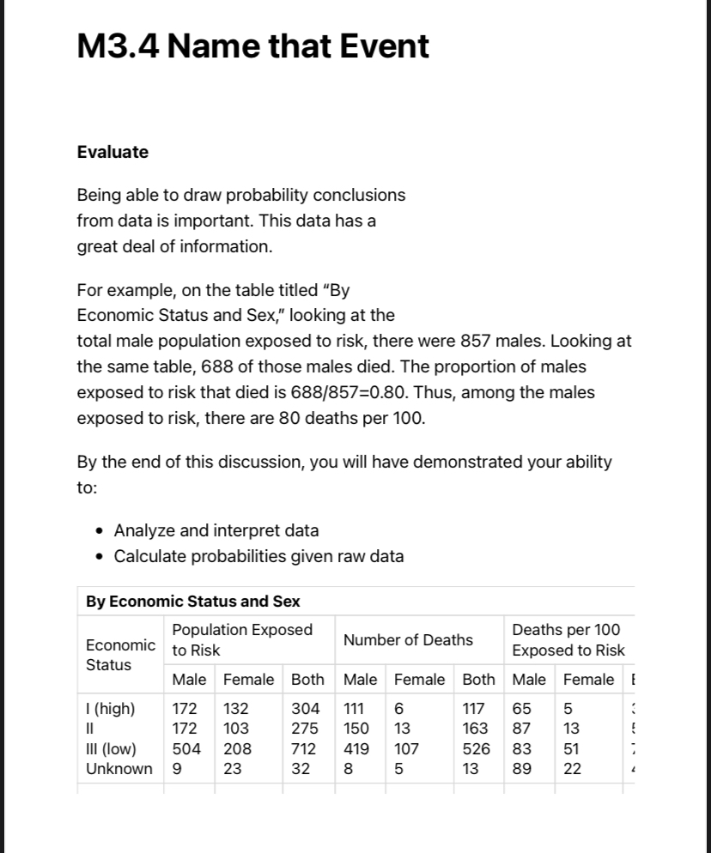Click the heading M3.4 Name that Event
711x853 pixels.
click(x=252, y=45)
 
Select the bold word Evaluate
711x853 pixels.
click(x=112, y=152)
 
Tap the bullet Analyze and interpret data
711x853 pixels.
click(x=216, y=530)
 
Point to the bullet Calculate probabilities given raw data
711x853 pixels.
click(x=258, y=556)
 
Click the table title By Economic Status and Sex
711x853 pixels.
click(x=192, y=602)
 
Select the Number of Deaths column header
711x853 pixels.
click(x=408, y=639)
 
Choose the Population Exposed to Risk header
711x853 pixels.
click(x=242, y=639)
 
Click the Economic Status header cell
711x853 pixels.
click(x=120, y=654)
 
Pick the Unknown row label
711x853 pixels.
click(x=119, y=768)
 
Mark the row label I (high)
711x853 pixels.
click(x=111, y=708)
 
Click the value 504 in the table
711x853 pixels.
click(x=186, y=747)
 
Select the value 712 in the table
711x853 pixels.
click(x=306, y=747)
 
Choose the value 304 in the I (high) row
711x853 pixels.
click(x=306, y=708)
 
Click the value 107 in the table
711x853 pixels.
click(x=407, y=747)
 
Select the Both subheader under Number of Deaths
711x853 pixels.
click(x=478, y=680)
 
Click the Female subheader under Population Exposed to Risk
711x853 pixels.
click(x=248, y=680)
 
